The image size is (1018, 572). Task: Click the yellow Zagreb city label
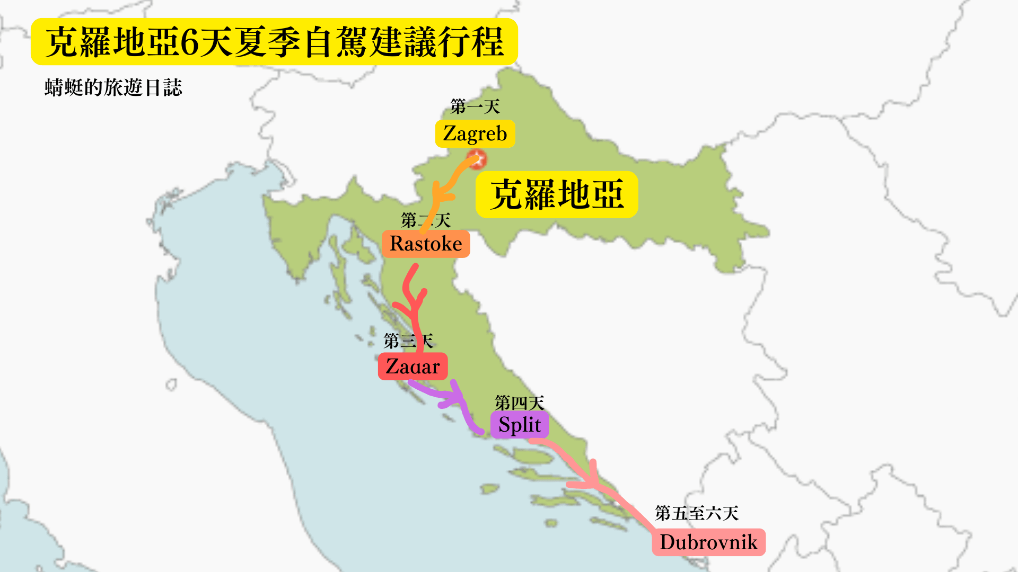[x=475, y=133]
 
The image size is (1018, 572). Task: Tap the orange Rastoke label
[x=426, y=244]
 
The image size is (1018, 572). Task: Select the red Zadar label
[x=413, y=367]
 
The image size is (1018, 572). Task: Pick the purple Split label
[x=519, y=425]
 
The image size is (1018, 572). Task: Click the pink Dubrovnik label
[x=708, y=542]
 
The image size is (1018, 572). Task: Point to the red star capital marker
[x=477, y=159]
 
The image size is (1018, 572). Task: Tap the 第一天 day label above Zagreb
[x=475, y=106]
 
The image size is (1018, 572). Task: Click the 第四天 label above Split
[x=519, y=403]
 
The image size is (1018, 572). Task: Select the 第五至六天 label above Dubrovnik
[x=696, y=513]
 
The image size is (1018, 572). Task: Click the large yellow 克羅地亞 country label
[x=557, y=194]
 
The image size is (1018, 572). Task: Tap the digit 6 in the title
[x=189, y=42]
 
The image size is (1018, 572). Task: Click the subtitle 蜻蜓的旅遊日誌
[x=113, y=87]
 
